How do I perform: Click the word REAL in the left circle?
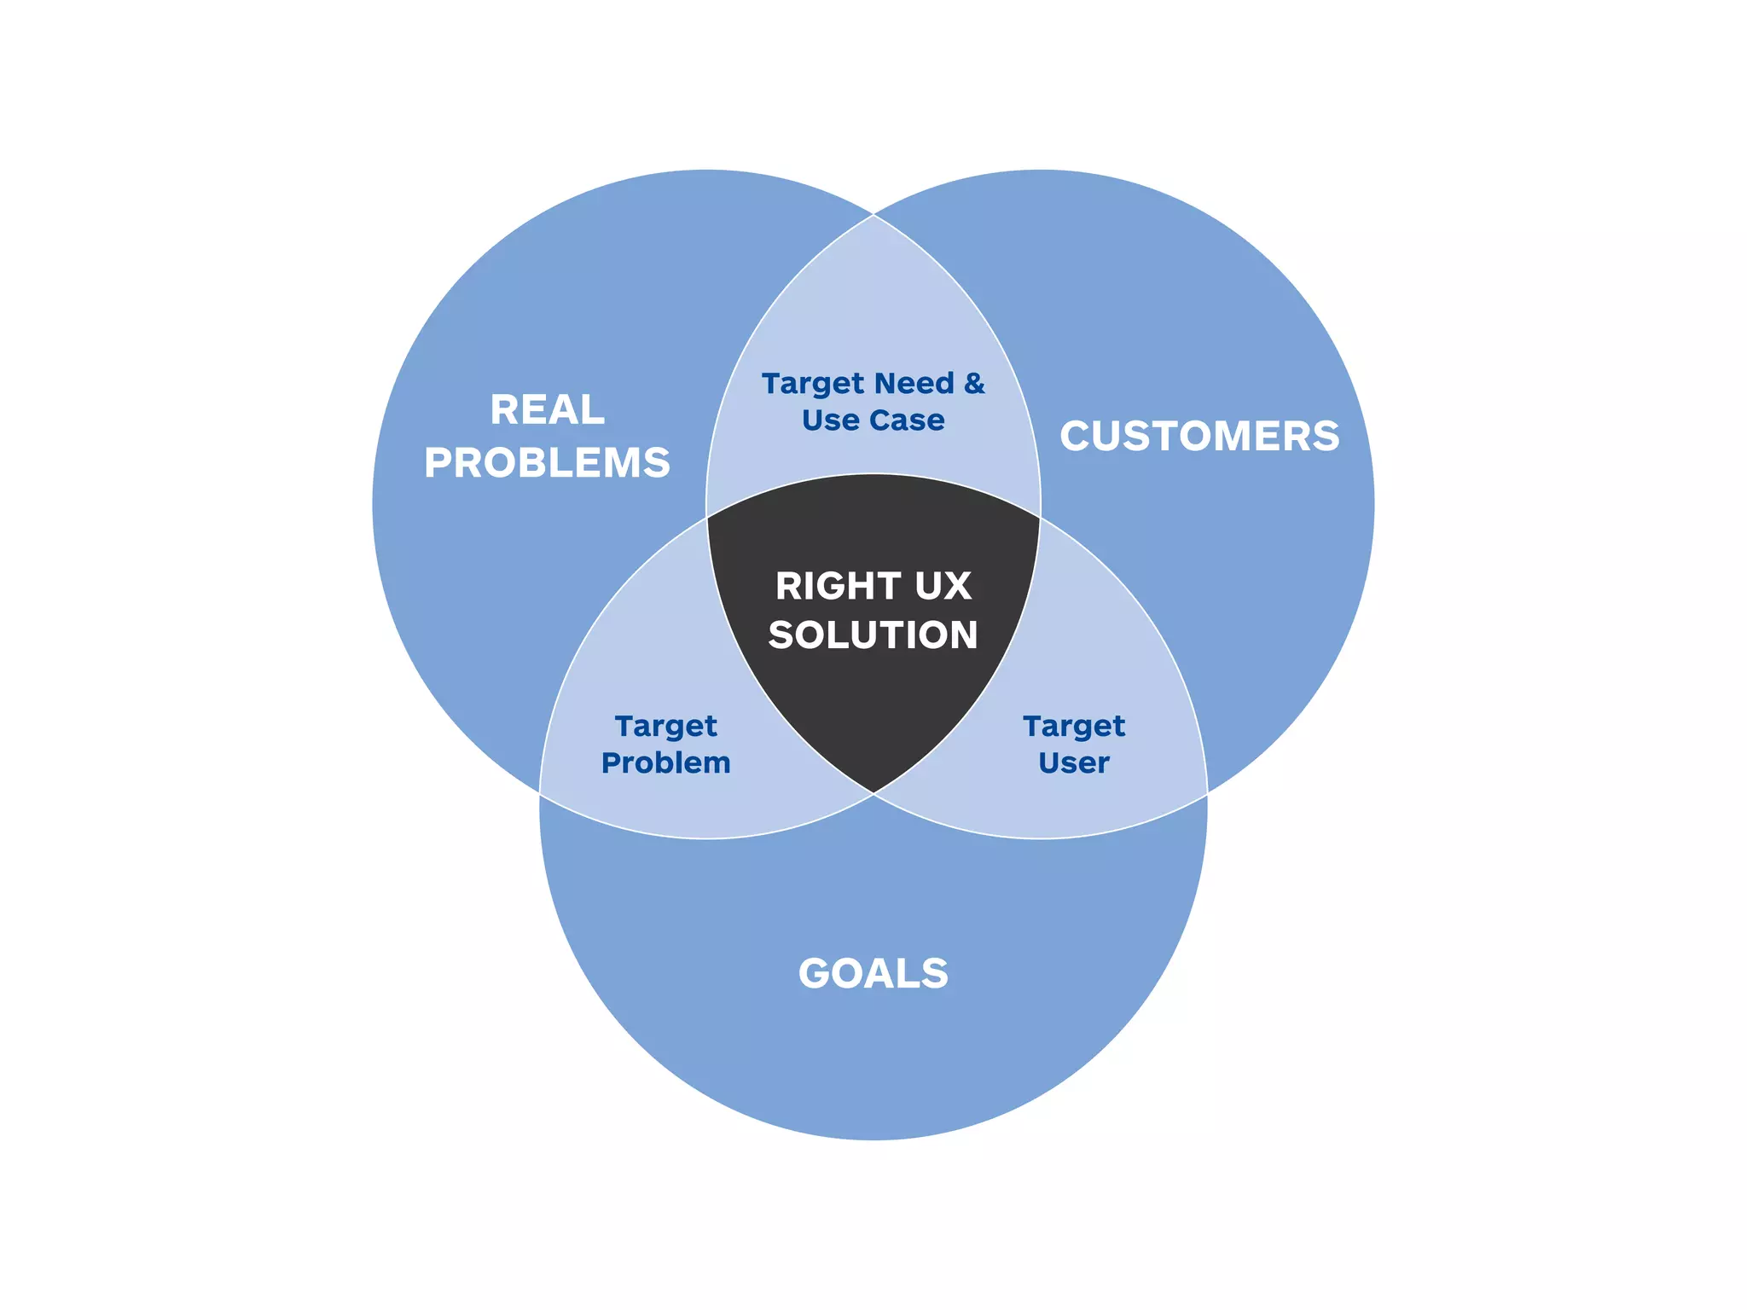(547, 410)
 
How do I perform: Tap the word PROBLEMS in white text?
(547, 463)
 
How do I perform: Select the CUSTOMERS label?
(1199, 437)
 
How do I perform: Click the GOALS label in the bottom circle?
(873, 973)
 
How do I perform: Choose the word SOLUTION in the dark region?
(873, 635)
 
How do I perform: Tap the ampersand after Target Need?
(974, 384)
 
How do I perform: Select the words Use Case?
(873, 420)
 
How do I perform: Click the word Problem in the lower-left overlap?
(666, 762)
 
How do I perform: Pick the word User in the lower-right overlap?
(1074, 762)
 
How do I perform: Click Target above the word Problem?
(666, 727)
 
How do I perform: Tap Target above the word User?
(1074, 727)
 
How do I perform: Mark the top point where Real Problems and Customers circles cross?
(873, 215)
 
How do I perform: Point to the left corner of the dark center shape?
(708, 517)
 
